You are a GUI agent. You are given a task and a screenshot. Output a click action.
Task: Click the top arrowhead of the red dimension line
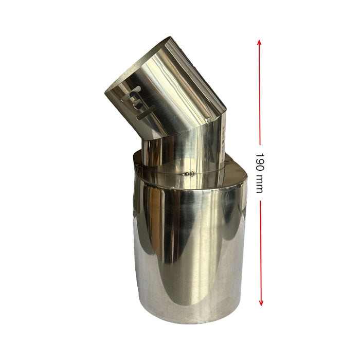coord(259,43)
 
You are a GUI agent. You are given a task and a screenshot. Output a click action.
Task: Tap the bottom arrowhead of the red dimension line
coord(261,302)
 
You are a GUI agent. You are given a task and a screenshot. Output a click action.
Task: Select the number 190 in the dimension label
coord(260,163)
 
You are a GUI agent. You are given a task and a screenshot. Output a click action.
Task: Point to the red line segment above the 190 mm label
coord(260,93)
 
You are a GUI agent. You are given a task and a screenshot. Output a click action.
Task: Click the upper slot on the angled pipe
coord(131,94)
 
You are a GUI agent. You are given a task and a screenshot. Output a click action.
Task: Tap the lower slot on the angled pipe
coord(146,113)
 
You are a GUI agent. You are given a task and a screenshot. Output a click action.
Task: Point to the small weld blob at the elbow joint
coord(207,120)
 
